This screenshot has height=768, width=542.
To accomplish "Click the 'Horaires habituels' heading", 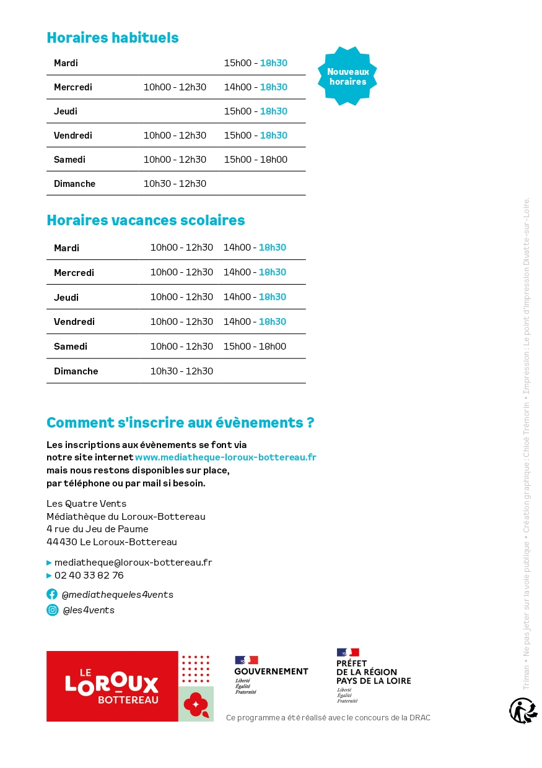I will [112, 38].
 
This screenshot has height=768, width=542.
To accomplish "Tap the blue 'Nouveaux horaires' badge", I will [347, 76].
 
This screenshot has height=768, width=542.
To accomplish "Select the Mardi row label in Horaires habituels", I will [66, 63].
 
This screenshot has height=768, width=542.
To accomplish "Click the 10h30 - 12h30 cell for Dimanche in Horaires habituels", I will [175, 184].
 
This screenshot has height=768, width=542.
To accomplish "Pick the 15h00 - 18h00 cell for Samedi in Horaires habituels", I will [255, 160].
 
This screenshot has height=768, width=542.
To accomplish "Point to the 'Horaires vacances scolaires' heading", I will [146, 220].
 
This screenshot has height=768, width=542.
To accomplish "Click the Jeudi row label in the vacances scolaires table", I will [66, 297].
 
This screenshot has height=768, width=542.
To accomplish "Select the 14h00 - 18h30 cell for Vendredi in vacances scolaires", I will [255, 322].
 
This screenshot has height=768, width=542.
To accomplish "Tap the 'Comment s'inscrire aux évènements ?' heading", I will [180, 423].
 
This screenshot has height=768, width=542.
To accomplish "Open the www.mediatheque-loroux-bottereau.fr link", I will [225, 457].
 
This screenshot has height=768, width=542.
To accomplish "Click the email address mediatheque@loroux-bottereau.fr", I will [133, 563].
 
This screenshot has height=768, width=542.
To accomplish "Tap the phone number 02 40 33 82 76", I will [89, 576].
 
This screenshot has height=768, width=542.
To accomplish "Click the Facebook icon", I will [52, 594].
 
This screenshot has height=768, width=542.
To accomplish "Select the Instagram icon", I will [52, 610].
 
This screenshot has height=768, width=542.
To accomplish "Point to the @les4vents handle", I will [89, 610].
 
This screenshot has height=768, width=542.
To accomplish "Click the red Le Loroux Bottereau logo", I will [112, 686].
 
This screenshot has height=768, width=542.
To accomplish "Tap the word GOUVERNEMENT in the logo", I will [271, 671].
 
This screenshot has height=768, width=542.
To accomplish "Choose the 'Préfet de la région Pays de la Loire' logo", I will [373, 675].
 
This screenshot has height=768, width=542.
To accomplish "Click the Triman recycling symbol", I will [523, 710].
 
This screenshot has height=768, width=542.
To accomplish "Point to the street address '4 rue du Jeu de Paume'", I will [97, 529].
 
